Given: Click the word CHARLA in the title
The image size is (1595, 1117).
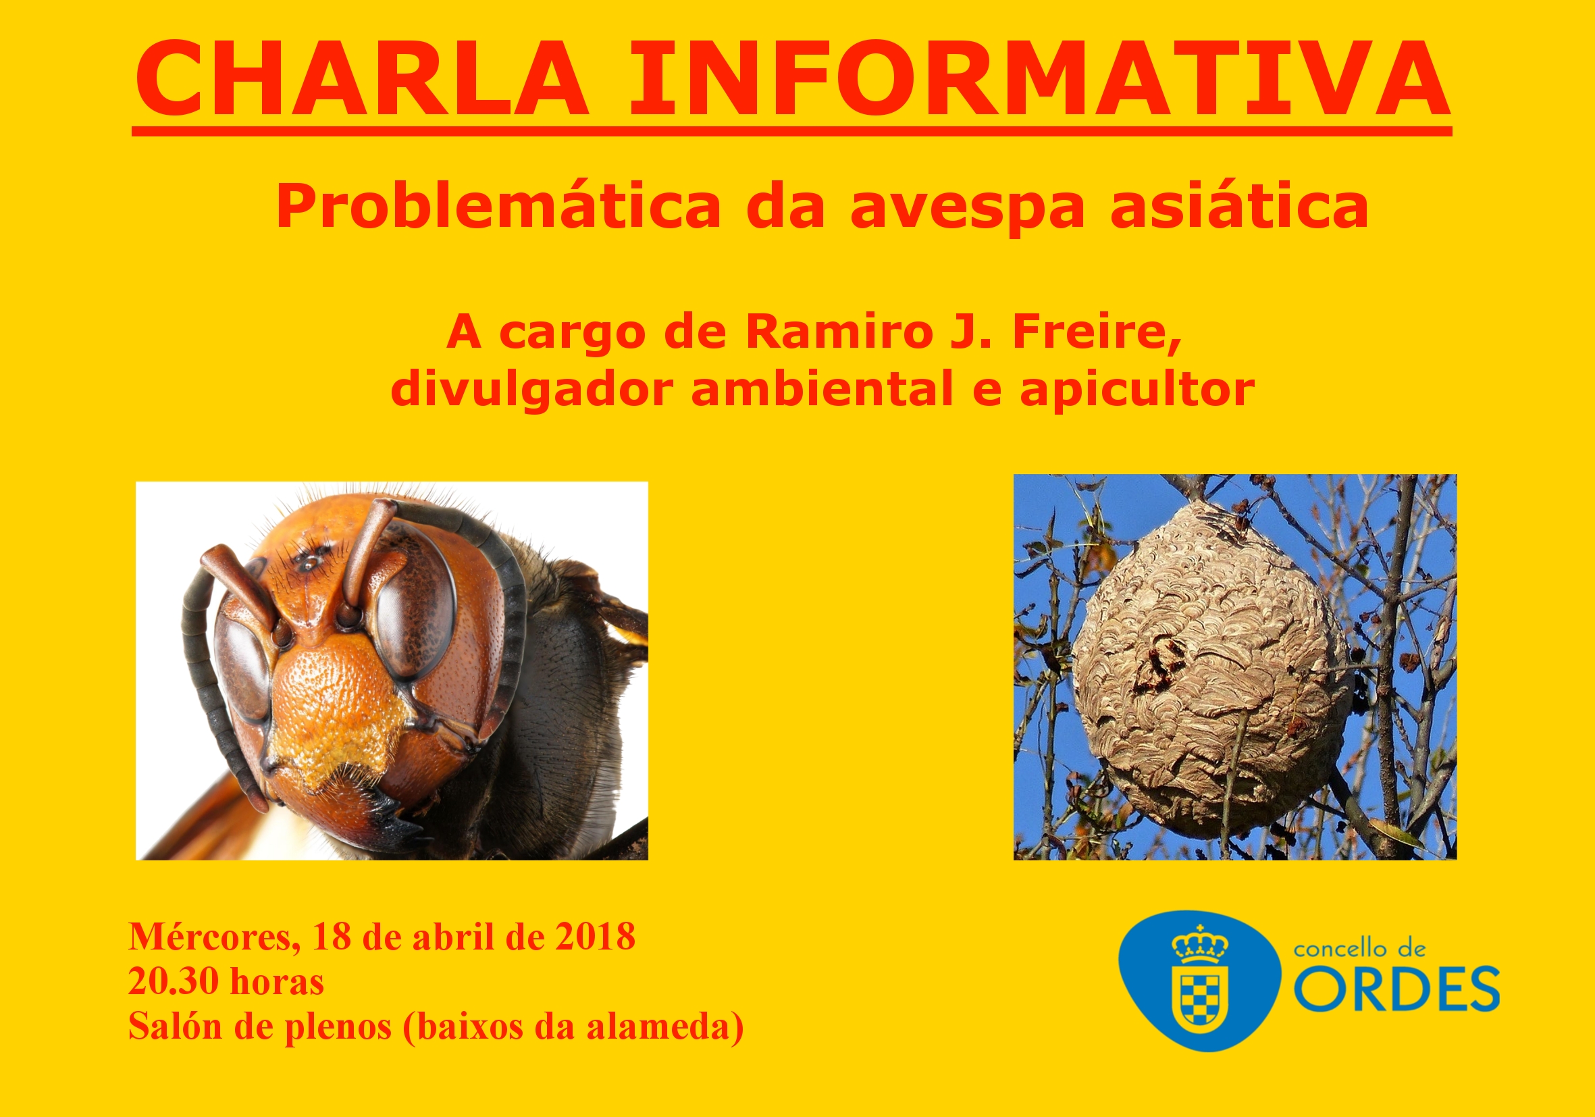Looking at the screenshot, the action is [361, 78].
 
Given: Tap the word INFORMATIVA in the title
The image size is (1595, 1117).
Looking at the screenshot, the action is [1039, 78].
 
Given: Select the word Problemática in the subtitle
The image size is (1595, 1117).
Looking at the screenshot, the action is [498, 207].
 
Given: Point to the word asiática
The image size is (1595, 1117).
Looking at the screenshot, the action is [1239, 207].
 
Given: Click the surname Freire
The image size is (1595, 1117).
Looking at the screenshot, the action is [1096, 333].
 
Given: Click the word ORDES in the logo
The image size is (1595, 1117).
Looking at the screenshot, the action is [1396, 989].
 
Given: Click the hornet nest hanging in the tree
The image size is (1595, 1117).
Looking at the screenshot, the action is [1212, 670].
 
